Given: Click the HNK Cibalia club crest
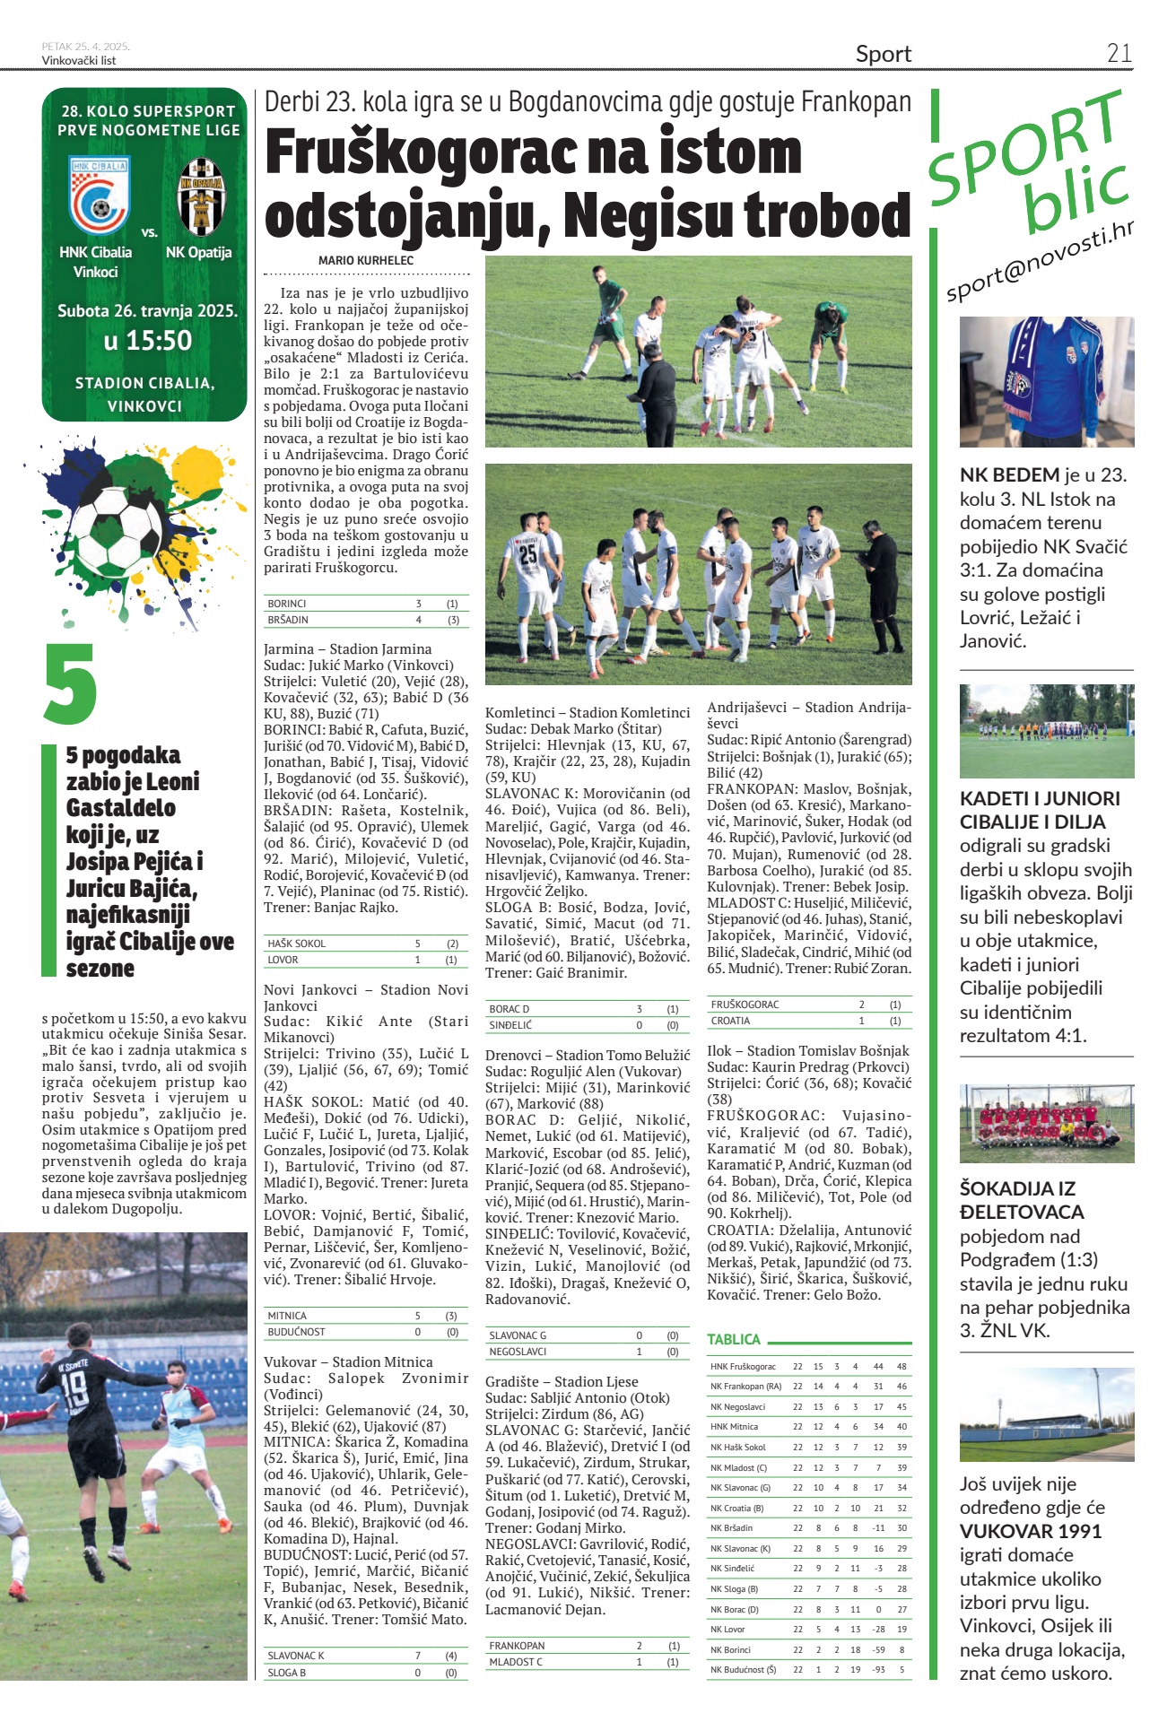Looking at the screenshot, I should [99, 196].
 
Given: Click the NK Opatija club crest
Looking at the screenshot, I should [200, 196].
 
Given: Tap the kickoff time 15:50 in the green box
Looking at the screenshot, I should [147, 341].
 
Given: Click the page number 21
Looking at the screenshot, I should [1119, 53].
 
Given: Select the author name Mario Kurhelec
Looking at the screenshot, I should [366, 260].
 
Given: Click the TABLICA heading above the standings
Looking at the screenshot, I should [733, 1339].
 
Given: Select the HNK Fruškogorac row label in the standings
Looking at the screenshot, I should [743, 1367].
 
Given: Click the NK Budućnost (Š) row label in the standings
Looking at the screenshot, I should [743, 1670].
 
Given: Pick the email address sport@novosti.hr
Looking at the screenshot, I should [1039, 263].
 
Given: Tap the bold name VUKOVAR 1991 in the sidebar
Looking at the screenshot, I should [1031, 1532].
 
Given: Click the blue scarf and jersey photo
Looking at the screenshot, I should [1046, 381].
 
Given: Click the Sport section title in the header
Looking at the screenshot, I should [883, 54].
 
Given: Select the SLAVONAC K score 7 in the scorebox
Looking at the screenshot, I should [418, 1656].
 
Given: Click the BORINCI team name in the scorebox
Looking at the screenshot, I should [287, 604].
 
